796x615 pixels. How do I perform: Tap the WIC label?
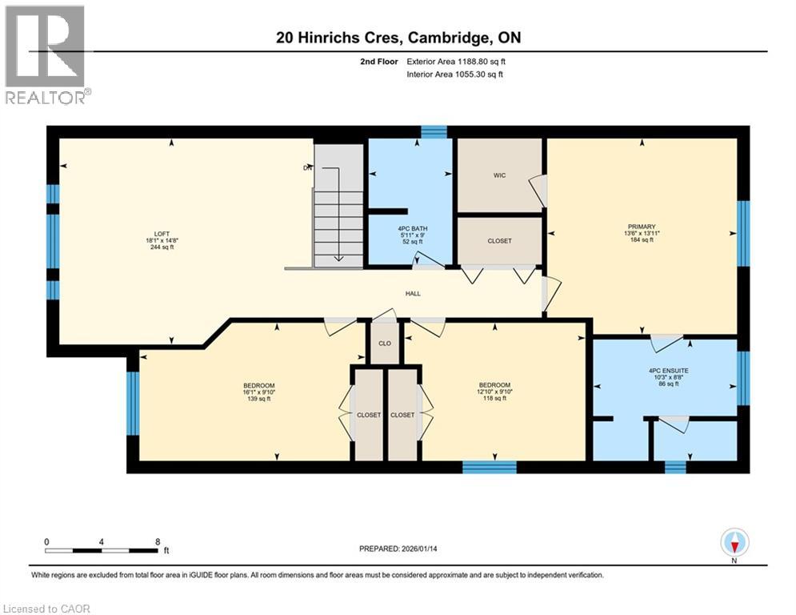498,175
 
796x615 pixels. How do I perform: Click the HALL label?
413,294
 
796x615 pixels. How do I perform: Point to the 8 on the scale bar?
157,541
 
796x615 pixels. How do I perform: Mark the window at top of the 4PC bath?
434,132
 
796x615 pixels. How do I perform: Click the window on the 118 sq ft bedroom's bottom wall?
490,467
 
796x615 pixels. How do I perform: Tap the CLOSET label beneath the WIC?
499,241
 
